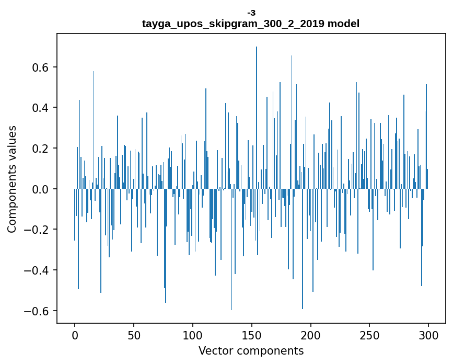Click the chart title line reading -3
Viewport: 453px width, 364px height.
point(251,13)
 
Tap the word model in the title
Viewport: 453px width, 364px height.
point(343,24)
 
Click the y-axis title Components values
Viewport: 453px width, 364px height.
point(12,179)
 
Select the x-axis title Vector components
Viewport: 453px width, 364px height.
point(251,350)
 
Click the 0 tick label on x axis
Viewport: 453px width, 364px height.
point(75,335)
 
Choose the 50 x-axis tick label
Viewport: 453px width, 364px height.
point(134,335)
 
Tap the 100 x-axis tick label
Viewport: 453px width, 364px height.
point(193,335)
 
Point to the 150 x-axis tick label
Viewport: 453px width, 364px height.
point(251,335)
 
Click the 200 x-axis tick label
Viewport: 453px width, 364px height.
point(310,335)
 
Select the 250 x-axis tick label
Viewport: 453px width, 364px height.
point(369,335)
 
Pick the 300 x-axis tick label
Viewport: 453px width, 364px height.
point(428,335)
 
